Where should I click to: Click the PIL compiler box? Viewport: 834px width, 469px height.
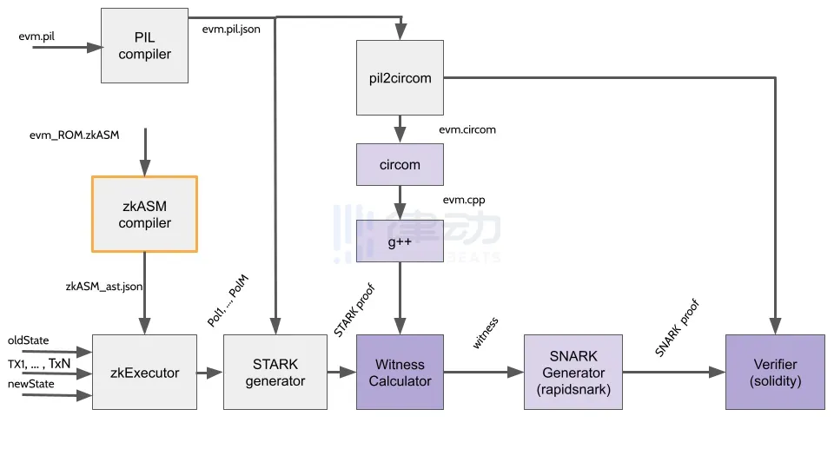[x=144, y=45]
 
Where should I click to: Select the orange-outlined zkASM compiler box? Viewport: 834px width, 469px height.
[x=144, y=215]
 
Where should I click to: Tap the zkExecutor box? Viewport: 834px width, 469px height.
[x=144, y=373]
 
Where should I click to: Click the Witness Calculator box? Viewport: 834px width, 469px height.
[x=400, y=373]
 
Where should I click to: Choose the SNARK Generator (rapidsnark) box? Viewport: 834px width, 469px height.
[x=573, y=373]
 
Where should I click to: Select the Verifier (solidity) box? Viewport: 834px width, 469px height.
[x=776, y=373]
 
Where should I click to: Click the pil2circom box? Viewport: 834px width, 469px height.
[x=400, y=78]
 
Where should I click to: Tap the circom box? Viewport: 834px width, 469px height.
[x=400, y=164]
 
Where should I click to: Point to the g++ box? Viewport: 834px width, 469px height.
[x=400, y=241]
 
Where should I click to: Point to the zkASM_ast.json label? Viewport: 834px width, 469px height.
[x=104, y=285]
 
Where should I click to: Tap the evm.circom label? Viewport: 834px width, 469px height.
[x=467, y=129]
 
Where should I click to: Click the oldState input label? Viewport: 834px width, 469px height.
[x=29, y=340]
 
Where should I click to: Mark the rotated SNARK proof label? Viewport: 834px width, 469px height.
[x=677, y=328]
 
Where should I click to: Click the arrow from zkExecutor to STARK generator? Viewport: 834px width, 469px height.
[x=209, y=373]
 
